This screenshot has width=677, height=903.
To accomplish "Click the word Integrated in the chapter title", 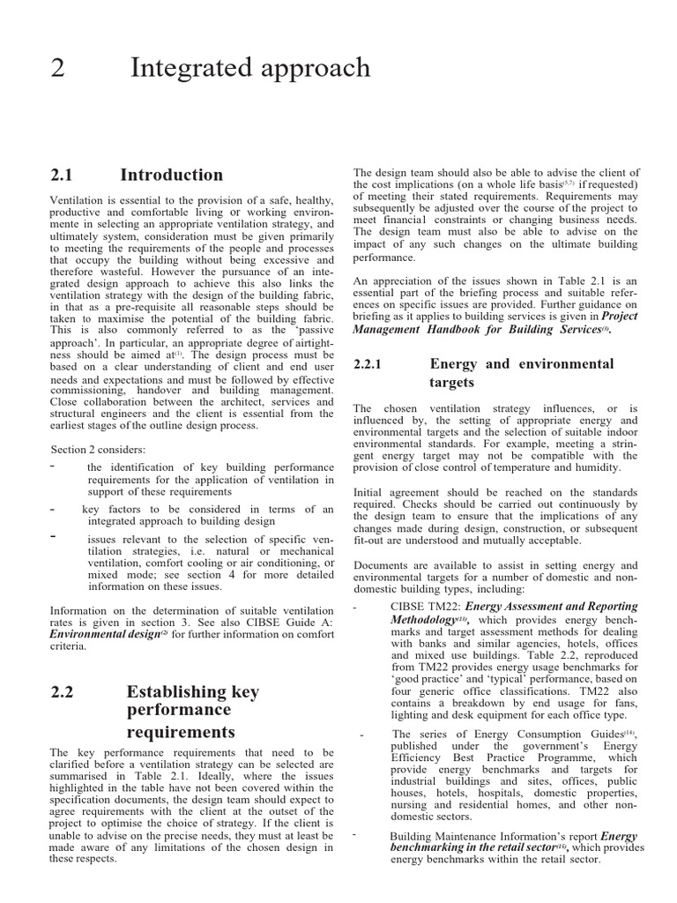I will coord(187,69).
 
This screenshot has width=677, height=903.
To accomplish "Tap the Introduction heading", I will coord(171,175).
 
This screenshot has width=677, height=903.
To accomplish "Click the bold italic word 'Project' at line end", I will coord(620,316).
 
